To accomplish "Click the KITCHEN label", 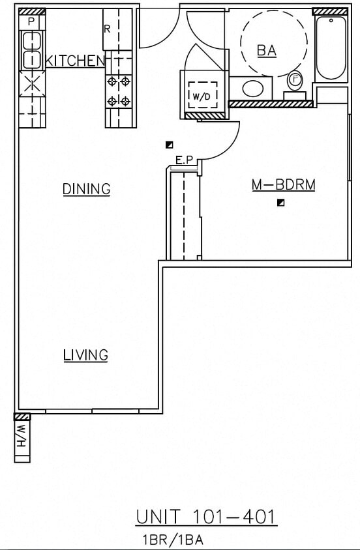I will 75,61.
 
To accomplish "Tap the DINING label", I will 86,189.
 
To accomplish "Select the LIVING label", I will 85,355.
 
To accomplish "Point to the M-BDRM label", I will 283,186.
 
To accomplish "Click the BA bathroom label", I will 266,50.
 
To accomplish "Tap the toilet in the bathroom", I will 295,83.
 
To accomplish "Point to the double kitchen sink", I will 31,51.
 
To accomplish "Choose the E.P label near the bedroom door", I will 183,159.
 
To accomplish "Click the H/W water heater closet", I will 22,438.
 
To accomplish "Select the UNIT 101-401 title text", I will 206,517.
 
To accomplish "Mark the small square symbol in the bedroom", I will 280,203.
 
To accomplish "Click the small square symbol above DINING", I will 169,145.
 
